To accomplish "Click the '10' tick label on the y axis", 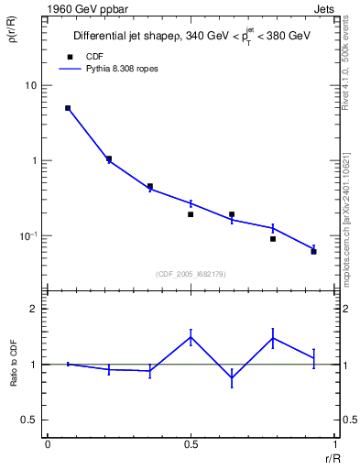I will (x=30, y=86).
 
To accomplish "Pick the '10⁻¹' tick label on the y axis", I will (x=27, y=236).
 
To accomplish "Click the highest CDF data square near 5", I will (x=68, y=108).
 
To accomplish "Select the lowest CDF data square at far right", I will (x=313, y=251).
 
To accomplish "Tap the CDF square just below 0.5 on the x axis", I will (x=191, y=214).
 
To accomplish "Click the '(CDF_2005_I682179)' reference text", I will (x=191, y=273).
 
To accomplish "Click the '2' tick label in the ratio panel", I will (x=33, y=309).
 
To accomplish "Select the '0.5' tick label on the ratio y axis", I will (x=30, y=420).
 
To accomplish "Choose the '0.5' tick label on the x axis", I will (x=191, y=445).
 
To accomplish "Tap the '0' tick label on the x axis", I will (x=47, y=445).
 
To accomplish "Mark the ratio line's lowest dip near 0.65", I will (x=232, y=378).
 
